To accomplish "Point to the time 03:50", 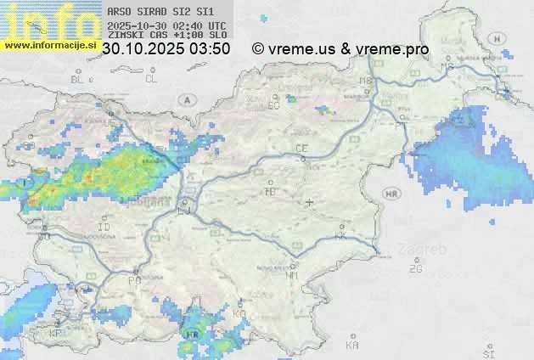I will [x=210, y=49].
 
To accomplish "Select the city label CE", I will [x=301, y=149].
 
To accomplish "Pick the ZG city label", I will [x=415, y=269].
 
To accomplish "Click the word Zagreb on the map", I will [x=429, y=250].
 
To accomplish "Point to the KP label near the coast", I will [x=56, y=334].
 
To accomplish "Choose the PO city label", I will [x=133, y=280].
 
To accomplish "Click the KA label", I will [x=352, y=346].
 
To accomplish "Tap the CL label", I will [x=151, y=79].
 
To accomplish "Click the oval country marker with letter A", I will [x=186, y=99].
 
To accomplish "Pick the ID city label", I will [x=104, y=228].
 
